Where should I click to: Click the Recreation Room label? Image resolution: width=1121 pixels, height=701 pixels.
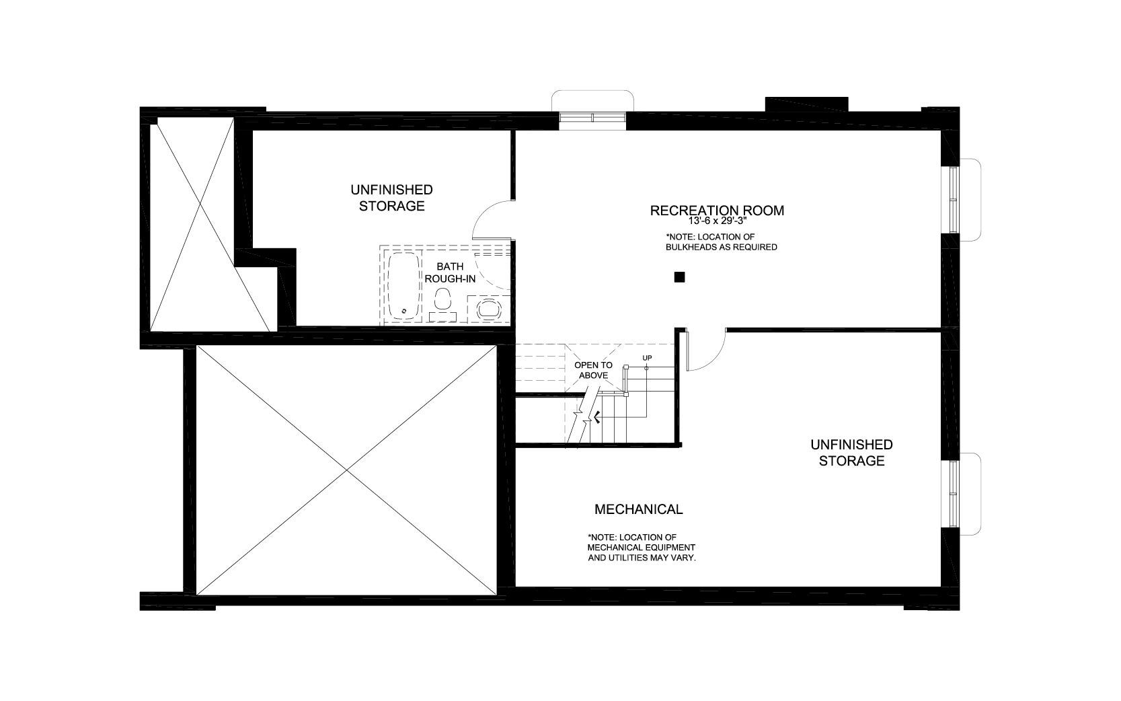click(x=717, y=211)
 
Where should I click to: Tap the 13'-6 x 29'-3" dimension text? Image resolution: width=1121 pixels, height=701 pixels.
click(x=717, y=221)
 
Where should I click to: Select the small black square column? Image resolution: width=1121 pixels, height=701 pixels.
click(x=679, y=277)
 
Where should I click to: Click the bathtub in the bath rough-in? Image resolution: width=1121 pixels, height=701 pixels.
click(x=403, y=286)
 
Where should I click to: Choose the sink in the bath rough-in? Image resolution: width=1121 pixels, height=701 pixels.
click(x=488, y=309)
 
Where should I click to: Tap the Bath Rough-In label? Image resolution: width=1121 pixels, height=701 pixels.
click(x=450, y=272)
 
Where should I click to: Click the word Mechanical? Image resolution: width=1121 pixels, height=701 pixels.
click(x=639, y=509)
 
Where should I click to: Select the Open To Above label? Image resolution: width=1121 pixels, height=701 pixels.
click(x=594, y=371)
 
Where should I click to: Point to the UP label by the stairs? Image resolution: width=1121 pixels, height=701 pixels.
click(x=647, y=358)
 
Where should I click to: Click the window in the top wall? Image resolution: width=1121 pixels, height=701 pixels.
click(x=592, y=118)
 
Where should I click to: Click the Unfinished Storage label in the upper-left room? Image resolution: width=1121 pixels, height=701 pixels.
click(x=392, y=198)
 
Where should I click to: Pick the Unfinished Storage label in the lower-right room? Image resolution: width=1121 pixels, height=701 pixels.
click(x=852, y=453)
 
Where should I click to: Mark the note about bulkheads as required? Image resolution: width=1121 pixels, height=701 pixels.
click(x=721, y=242)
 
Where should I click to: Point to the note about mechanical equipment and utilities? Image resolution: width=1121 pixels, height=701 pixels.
click(x=642, y=548)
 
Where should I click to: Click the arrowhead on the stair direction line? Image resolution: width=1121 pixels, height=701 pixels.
click(x=596, y=416)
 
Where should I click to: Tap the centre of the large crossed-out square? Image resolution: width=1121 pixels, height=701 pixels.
click(x=346, y=470)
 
